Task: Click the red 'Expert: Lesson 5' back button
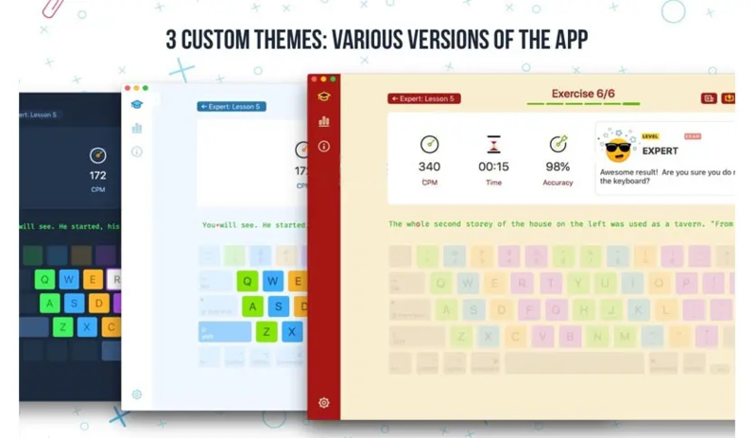click(423, 98)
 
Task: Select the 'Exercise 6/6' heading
click(583, 94)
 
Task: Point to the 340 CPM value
click(429, 166)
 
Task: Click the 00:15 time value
click(493, 166)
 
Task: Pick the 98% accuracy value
click(558, 166)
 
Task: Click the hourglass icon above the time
click(493, 144)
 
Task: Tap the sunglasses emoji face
click(618, 149)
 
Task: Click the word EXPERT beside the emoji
click(661, 150)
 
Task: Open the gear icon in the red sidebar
click(324, 403)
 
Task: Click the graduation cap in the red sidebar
click(324, 97)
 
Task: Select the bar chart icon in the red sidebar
click(324, 121)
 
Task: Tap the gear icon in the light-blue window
click(137, 394)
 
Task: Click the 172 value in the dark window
click(97, 175)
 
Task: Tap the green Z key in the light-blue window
click(266, 331)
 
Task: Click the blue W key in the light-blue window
click(272, 281)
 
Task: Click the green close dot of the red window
click(334, 79)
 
